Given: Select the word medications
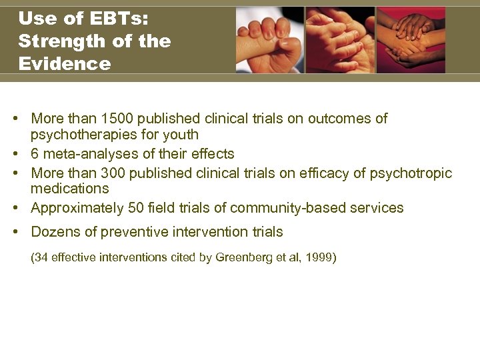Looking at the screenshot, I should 70,189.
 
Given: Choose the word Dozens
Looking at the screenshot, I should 54,232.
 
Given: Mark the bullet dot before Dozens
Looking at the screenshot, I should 15,232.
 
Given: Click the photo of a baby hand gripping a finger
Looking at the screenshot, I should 269,40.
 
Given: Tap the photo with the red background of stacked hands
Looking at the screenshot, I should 411,40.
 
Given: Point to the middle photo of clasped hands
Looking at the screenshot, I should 340,40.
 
